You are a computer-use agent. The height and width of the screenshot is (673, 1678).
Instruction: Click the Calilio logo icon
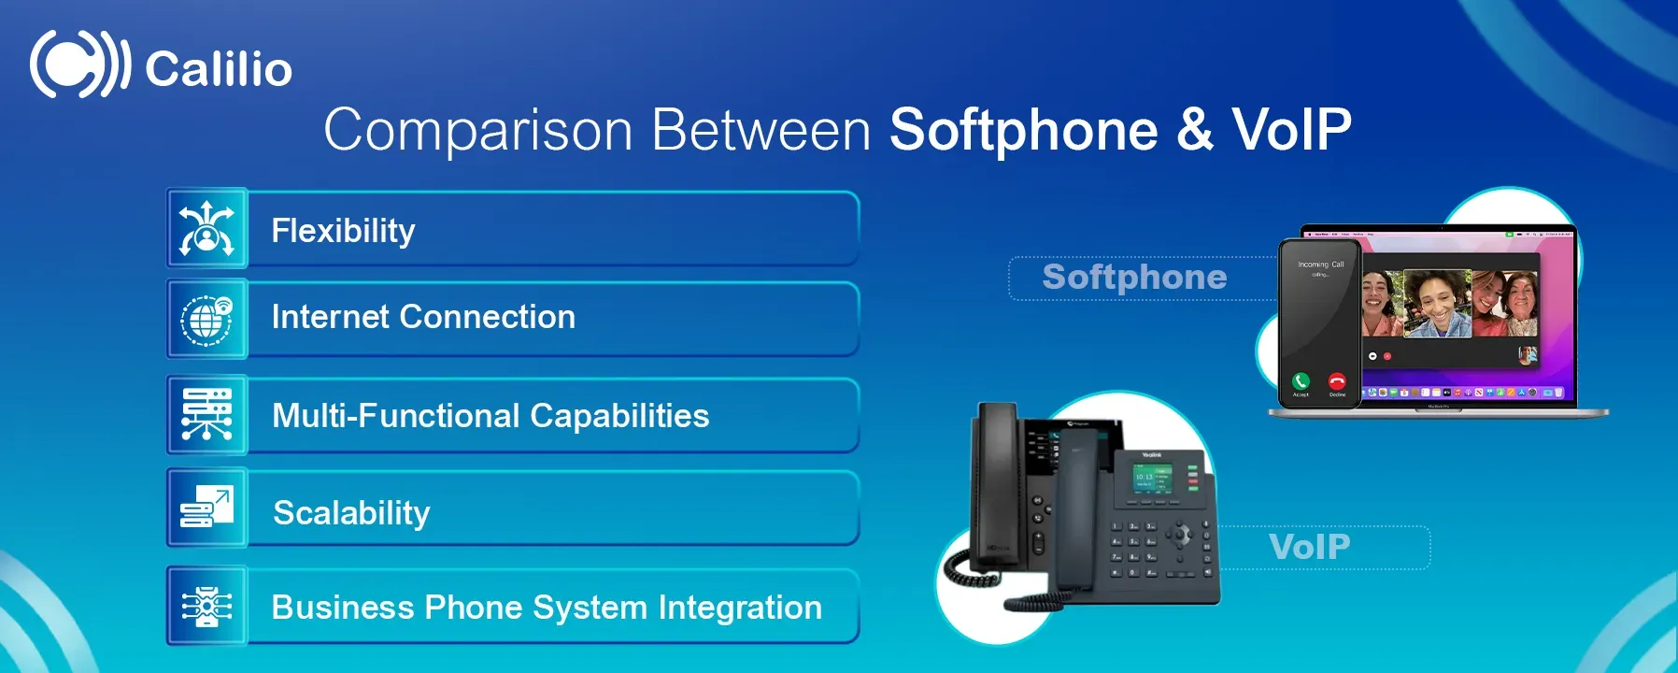pos(78,64)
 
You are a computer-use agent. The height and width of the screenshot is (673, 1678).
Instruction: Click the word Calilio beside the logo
pos(219,69)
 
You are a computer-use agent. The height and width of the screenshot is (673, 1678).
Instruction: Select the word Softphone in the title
pos(1023,130)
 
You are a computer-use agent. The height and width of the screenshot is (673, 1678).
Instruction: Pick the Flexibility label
pos(343,230)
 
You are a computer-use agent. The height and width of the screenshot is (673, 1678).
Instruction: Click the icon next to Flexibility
pos(206,228)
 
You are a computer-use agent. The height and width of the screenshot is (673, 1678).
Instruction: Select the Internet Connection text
pos(423,317)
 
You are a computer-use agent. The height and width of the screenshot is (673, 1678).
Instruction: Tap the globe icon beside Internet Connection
pos(206,320)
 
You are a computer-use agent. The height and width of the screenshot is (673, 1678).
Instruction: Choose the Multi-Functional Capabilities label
pos(491,416)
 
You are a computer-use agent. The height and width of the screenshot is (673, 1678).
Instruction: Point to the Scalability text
pos(351,512)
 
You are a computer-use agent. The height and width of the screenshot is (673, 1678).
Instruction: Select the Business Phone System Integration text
pos(547,608)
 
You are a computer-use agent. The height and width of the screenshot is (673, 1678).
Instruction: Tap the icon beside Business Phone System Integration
pos(206,607)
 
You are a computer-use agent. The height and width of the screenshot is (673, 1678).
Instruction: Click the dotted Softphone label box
pos(1134,278)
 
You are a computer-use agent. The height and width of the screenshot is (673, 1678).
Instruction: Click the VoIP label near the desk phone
pos(1310,547)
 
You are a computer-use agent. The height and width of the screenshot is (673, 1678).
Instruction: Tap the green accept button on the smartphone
pos(1301,380)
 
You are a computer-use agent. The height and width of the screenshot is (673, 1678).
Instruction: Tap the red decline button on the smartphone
pos(1337,380)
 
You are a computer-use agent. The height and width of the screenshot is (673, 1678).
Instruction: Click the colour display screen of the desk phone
pos(1151,480)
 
